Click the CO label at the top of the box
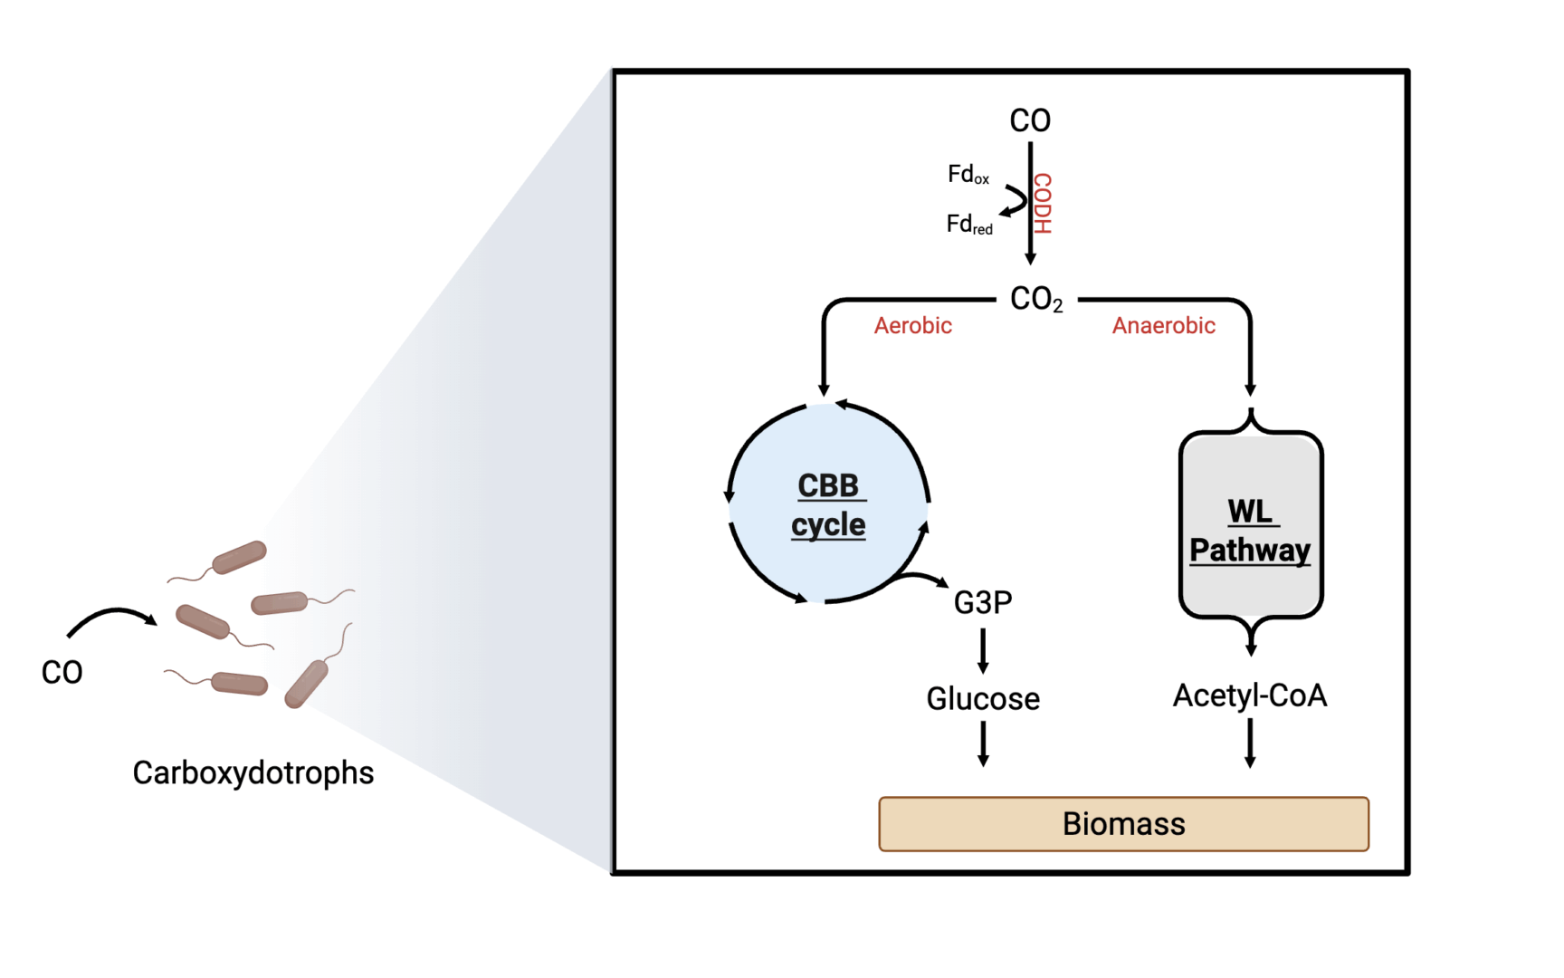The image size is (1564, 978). (1030, 120)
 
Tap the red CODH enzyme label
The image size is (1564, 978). (1043, 204)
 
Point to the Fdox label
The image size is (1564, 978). (968, 174)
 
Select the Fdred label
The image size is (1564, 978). (968, 224)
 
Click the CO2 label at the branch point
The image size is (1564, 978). (1035, 299)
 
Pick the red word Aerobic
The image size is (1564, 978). (912, 326)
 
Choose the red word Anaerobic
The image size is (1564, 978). (1163, 326)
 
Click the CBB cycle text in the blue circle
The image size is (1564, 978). (829, 504)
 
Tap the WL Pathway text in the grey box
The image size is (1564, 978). (1250, 531)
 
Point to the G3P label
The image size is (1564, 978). (983, 602)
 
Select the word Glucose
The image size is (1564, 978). (983, 699)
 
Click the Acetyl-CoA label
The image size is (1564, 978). (1249, 695)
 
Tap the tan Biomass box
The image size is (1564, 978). (1123, 824)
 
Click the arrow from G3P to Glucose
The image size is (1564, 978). (983, 651)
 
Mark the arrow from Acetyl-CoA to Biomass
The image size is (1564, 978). (1250, 743)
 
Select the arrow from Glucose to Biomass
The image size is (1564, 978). (983, 743)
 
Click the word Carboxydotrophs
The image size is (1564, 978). (253, 772)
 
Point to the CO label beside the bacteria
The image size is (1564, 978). (62, 673)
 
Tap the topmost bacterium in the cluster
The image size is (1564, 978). (239, 557)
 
